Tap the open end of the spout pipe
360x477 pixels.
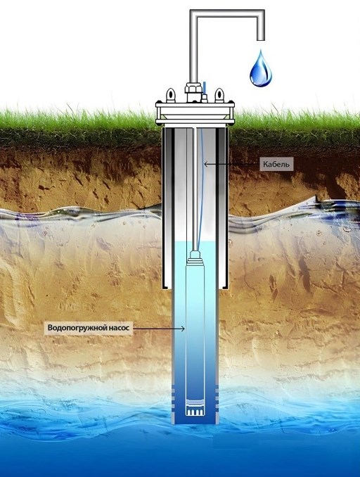click(261, 39)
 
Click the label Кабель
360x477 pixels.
click(276, 164)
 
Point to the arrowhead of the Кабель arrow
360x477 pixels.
click(205, 164)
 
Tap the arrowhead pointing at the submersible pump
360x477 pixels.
click(183, 329)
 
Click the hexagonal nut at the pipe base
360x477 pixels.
click(193, 89)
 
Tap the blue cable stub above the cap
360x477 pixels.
click(205, 88)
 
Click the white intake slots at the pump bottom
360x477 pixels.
click(195, 412)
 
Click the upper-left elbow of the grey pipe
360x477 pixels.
click(194, 13)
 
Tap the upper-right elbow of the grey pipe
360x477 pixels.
click(261, 13)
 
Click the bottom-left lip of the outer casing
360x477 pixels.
click(166, 286)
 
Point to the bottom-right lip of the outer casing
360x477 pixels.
click(224, 286)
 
